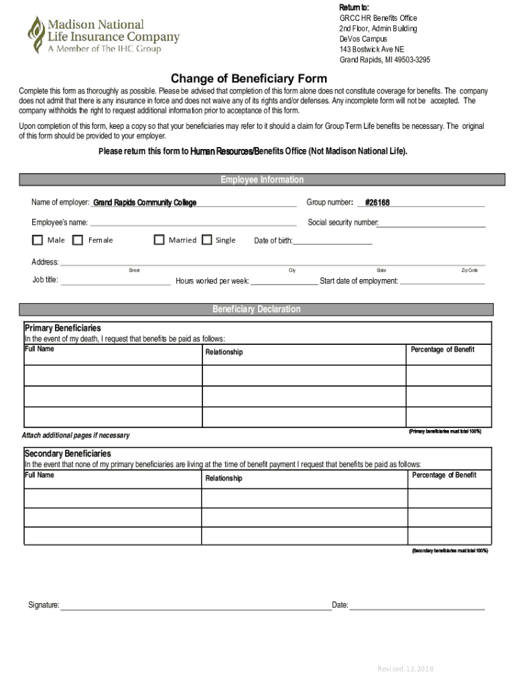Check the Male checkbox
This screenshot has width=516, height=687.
pos(38,240)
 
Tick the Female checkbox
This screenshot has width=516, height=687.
pos(78,240)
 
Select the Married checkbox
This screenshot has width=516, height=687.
pos(159,240)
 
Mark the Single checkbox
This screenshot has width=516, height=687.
pos(206,240)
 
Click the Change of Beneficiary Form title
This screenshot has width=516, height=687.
pos(249,78)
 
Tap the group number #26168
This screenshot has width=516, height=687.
pos(377,203)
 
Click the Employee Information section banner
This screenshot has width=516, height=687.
pos(262,180)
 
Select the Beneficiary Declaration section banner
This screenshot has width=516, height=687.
pos(256,309)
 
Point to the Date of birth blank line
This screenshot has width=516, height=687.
pos(332,241)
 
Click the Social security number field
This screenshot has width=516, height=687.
pos(432,223)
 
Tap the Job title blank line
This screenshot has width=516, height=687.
pos(115,280)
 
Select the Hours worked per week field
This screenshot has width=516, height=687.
pos(284,281)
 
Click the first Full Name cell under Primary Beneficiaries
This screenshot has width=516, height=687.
pos(113,376)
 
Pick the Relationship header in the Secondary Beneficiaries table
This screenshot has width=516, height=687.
pos(224,478)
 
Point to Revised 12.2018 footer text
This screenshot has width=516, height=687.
pos(405,669)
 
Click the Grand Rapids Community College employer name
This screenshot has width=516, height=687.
pos(145,203)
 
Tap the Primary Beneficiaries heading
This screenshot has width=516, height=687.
pos(62,328)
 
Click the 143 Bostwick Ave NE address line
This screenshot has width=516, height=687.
pos(371,50)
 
